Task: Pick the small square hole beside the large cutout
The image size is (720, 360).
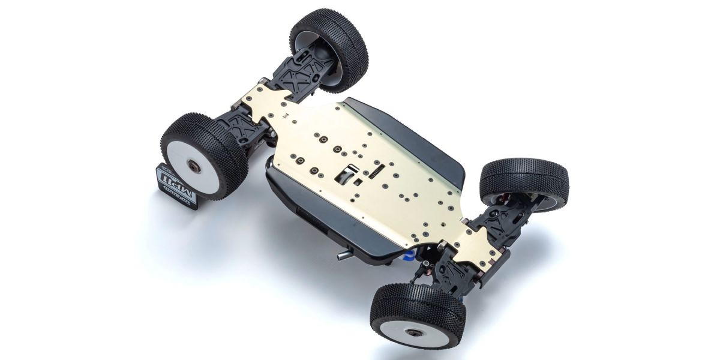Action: [x=356, y=182]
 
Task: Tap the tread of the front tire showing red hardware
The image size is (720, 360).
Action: [x=522, y=174]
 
